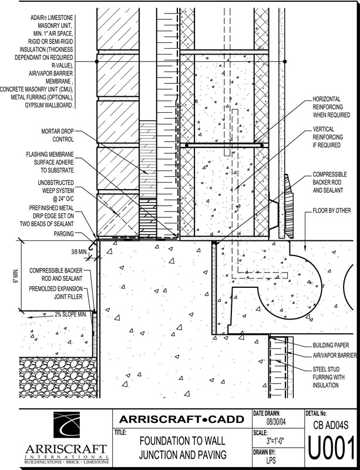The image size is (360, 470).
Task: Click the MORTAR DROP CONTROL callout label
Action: tap(57, 135)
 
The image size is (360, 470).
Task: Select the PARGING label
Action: tap(63, 233)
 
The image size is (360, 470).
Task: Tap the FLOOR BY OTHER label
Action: tap(332, 210)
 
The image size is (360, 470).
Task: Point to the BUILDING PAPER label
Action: tap(331, 345)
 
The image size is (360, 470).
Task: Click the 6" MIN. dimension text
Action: tap(16, 276)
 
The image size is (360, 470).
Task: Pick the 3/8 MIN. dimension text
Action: tap(79, 251)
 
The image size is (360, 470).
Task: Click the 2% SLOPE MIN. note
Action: tap(70, 314)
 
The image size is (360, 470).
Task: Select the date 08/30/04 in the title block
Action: tap(276, 422)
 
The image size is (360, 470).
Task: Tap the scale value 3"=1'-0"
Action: tap(275, 441)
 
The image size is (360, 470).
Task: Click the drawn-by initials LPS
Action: tap(271, 460)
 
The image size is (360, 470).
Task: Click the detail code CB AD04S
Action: tap(331, 425)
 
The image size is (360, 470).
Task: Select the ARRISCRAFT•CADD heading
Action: tap(181, 419)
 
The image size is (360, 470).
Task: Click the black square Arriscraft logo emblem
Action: tap(66, 425)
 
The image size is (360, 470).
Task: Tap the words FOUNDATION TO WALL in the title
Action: tap(182, 441)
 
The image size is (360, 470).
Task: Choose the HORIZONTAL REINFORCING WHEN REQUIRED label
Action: tap(331, 107)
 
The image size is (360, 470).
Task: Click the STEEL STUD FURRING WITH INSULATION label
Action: tap(328, 377)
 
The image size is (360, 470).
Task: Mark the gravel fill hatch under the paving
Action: tap(58, 377)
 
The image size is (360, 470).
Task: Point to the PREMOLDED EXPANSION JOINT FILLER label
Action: tap(56, 293)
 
